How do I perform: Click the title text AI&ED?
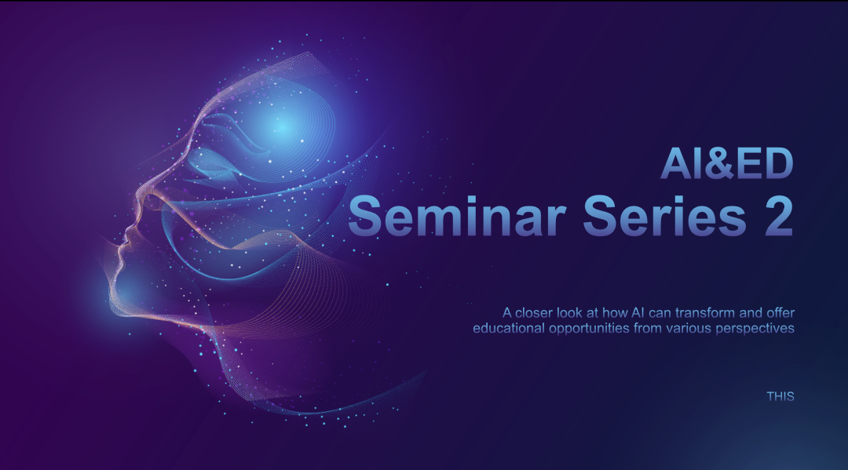(x=727, y=163)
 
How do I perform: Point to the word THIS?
(x=780, y=396)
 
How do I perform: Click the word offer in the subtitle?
(x=780, y=313)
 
